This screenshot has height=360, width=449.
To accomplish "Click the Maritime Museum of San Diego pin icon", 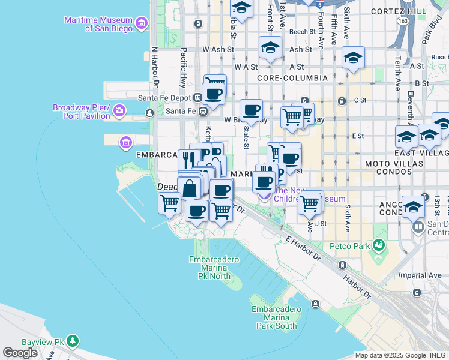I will click(x=142, y=24).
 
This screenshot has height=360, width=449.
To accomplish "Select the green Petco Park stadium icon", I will click(x=378, y=245).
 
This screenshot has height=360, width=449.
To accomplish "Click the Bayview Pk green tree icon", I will click(x=73, y=341).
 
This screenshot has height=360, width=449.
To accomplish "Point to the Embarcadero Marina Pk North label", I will click(x=214, y=268).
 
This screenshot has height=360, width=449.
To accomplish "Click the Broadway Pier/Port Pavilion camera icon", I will click(x=120, y=110).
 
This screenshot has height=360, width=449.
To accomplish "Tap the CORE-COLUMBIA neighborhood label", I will click(x=292, y=78).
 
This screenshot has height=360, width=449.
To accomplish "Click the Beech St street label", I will click(x=302, y=31).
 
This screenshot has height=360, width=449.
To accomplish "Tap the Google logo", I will click(x=20, y=352).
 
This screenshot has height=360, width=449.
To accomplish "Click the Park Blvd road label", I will click(x=431, y=34).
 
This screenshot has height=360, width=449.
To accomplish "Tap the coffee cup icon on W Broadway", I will click(x=252, y=110).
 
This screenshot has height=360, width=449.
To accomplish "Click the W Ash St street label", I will click(x=215, y=49).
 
